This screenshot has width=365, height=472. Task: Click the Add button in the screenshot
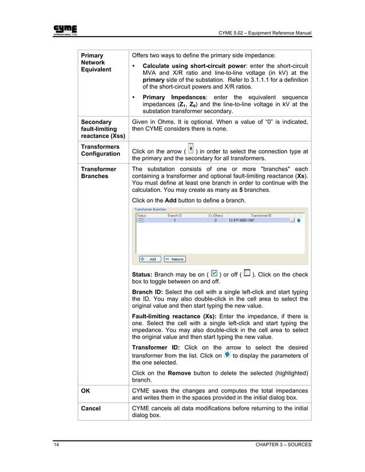click(x=150, y=259)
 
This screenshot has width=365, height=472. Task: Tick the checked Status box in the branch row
click(x=141, y=220)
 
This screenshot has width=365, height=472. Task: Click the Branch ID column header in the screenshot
click(x=174, y=215)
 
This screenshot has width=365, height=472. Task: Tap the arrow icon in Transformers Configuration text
click(x=191, y=149)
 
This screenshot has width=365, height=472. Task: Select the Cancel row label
click(x=90, y=408)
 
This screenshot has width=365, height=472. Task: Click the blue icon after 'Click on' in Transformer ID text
click(x=228, y=354)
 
